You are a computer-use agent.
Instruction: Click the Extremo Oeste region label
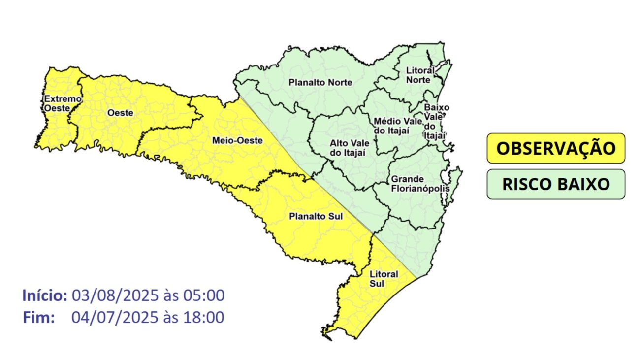[62, 103]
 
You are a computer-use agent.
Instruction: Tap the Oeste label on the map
[120, 113]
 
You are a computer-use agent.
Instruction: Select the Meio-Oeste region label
[237, 141]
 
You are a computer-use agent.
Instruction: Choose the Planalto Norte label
[320, 82]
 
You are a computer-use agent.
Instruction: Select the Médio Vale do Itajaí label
[398, 125]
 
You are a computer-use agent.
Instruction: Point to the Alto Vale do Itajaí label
[348, 148]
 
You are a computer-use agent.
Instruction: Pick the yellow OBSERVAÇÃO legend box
[556, 148]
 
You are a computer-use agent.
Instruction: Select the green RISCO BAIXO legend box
[556, 184]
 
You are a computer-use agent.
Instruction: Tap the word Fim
[38, 318]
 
